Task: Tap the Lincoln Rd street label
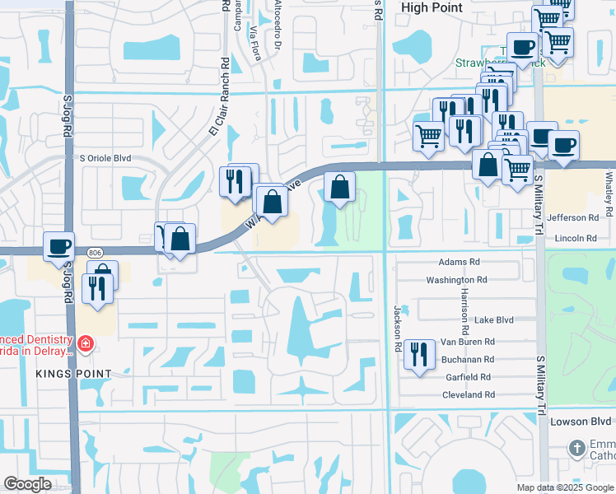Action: pos(576,238)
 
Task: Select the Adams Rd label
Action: pos(459,262)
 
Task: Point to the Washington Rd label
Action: pos(456,280)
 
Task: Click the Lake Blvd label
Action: pos(494,320)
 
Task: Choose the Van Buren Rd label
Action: pos(468,342)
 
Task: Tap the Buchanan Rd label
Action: pos(466,359)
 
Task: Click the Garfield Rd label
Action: pos(468,377)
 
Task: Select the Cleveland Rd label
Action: pos(468,395)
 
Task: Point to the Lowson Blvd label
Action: pos(583,422)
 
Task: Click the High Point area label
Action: pos(428,7)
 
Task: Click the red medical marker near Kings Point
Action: pos(86,343)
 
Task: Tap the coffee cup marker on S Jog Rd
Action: pos(59,246)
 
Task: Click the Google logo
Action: pos(28,484)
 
